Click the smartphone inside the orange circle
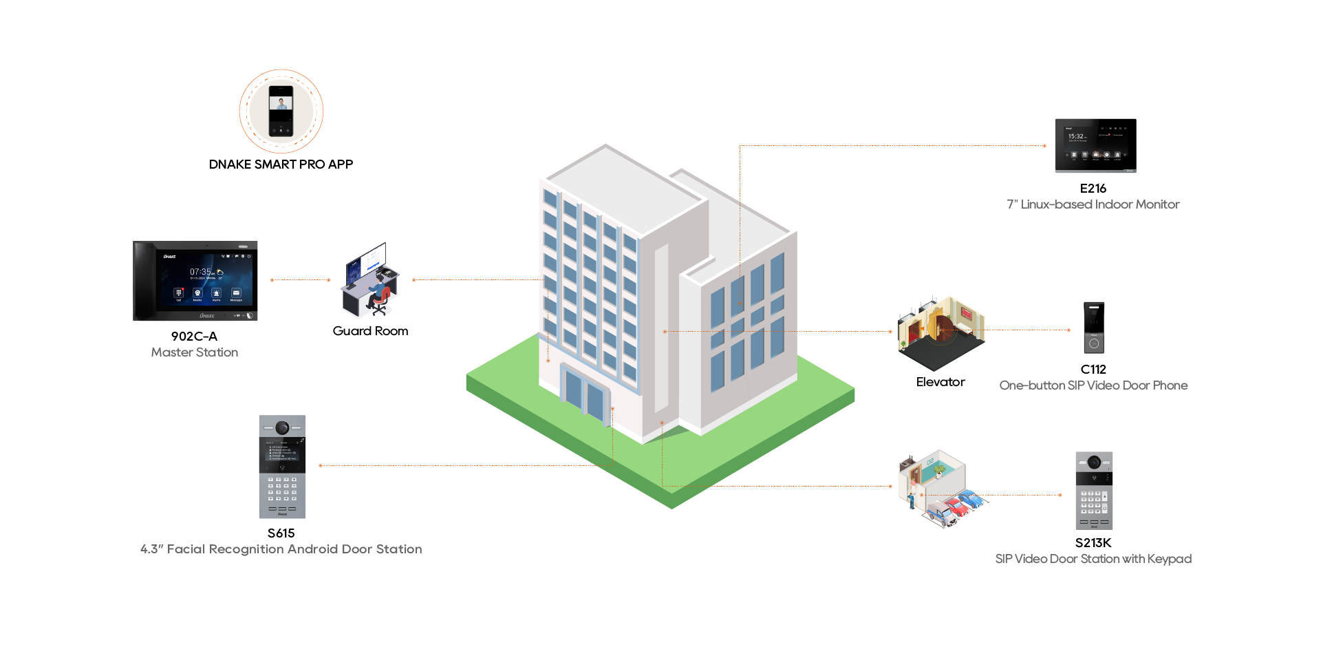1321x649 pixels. pos(281,111)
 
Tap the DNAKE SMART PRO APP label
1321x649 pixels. pos(281,164)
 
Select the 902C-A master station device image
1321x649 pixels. pos(195,281)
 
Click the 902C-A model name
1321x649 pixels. pos(194,337)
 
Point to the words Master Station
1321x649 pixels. pos(195,352)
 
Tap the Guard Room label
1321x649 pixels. pos(370,331)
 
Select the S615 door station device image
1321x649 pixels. pos(282,467)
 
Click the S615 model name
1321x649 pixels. pos(281,533)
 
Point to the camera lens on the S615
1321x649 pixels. pos(282,428)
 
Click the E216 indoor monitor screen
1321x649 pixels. pos(1095,145)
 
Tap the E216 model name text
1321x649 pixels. pos(1093,189)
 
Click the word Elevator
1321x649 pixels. pos(940,382)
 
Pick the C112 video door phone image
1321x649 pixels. pos(1094,328)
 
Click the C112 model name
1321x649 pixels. pos(1093,370)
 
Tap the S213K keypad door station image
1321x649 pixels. pos(1094,490)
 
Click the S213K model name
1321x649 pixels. pos(1093,543)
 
